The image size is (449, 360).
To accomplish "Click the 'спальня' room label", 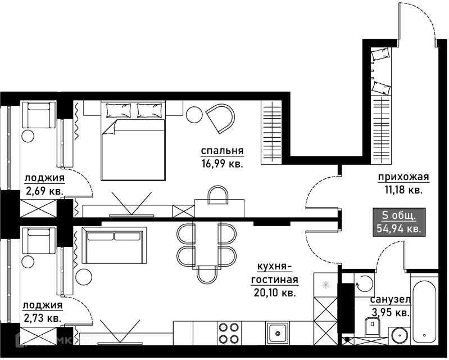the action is coord(222,151).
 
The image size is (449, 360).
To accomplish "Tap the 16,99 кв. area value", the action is coord(222,164).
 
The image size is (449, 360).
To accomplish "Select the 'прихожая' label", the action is coord(403,177).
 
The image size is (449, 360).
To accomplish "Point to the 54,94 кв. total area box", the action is coord(399,222).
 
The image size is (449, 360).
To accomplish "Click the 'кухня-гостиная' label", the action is coord(275,273).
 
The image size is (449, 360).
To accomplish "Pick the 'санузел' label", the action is coord(391,300).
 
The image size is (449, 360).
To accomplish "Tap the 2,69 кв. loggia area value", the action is coord(44,191).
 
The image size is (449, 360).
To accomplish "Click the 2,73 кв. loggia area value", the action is coord(42,318).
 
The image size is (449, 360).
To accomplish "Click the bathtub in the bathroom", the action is coord(424,310).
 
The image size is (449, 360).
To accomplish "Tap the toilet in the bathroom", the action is coord(372,326).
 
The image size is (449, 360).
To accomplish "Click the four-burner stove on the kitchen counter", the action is coord(229,333).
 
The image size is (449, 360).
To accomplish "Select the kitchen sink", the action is coord(277,333).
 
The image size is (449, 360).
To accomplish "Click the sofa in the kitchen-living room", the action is coord(114,245).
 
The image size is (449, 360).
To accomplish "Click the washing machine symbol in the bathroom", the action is coord(364,283).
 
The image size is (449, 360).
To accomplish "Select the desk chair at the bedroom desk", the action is coord(218,195).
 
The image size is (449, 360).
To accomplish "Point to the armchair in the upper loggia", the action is coord(39,115).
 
